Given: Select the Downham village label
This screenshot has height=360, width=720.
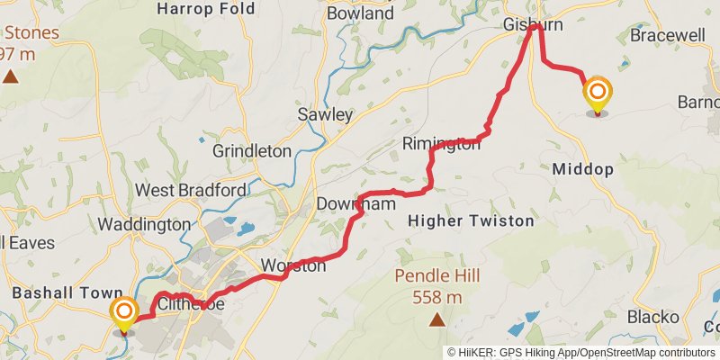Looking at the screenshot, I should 355,205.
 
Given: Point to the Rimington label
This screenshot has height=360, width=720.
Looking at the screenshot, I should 441,144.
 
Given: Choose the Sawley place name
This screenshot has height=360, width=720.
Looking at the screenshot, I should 325,114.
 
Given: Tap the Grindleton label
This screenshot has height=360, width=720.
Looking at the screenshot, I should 251,151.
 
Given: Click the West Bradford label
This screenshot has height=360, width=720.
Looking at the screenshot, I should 190,191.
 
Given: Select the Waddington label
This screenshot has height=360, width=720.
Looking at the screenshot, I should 144,224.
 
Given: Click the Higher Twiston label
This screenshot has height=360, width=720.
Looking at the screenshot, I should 471,220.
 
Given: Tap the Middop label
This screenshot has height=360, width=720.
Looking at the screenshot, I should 583,168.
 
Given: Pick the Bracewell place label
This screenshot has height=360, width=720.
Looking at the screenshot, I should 668,36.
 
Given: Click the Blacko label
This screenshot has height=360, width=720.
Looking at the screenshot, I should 653,317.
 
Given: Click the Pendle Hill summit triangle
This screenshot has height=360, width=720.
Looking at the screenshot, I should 436,319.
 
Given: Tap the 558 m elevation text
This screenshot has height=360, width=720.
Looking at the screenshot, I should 436,297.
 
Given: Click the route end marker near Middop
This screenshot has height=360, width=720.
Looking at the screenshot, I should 597,94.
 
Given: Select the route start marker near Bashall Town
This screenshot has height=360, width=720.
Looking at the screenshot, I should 124,315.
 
